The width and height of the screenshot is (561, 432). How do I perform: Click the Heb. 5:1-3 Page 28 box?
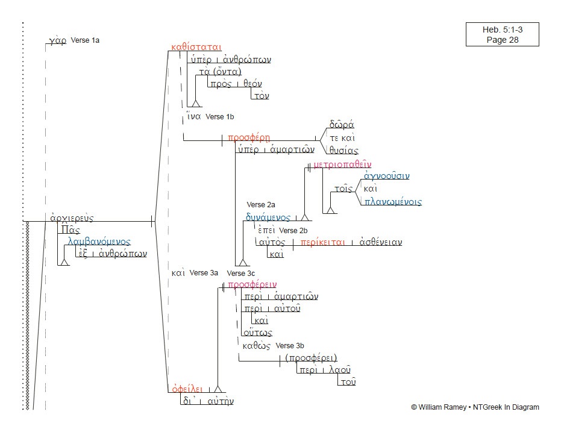coord(502,34)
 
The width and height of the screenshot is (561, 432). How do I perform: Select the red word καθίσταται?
coord(196,46)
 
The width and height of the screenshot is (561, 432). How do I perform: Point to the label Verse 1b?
coord(219,116)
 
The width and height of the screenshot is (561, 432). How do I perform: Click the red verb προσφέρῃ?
coord(248,138)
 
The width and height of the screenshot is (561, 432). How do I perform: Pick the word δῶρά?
coord(341,125)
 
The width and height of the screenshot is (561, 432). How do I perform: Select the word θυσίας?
coord(343,151)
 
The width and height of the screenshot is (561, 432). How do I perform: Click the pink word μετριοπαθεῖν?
coord(343,164)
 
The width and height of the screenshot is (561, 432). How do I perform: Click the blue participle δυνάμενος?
coord(268,218)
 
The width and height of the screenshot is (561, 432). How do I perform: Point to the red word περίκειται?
coord(322,242)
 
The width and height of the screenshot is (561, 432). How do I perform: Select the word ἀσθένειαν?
coord(380,242)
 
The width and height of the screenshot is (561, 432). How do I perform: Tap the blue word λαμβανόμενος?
coord(99,242)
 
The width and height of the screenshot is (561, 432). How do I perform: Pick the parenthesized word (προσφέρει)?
coord(311,357)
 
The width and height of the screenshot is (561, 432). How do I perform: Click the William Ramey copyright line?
coord(475,407)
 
